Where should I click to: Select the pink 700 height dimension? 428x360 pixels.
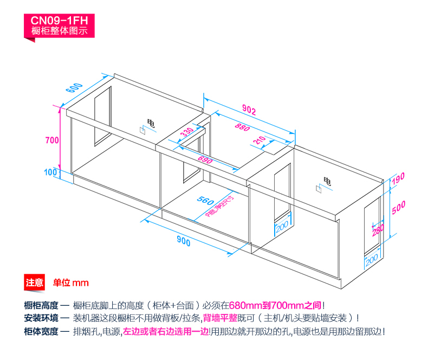51,140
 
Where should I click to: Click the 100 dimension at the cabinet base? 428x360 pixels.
50,172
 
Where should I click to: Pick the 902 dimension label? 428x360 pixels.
248,111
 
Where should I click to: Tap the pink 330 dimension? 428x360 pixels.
186,133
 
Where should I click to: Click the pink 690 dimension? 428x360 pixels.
204,161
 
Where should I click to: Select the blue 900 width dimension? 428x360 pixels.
184,242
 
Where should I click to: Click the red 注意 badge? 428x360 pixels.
35,282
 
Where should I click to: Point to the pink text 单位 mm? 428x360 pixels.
70,282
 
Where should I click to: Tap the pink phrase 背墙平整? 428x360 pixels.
219,318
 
